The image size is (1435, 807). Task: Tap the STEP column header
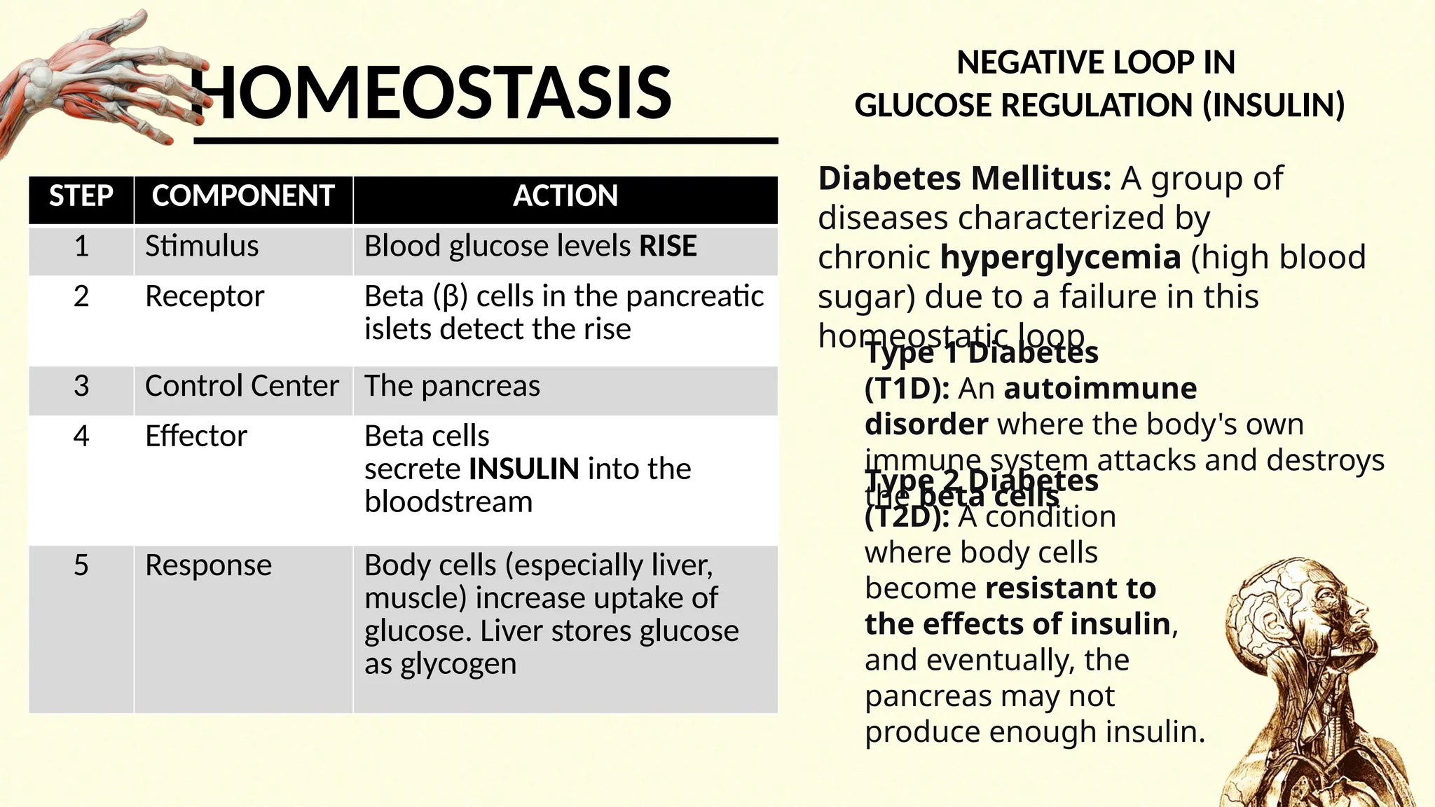[x=81, y=196]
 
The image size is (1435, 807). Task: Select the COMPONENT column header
[x=242, y=196]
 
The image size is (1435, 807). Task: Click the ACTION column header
[x=565, y=196]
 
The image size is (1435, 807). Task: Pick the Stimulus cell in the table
[x=202, y=247]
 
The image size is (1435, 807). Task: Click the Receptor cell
[x=205, y=297]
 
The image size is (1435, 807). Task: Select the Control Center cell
[x=242, y=386]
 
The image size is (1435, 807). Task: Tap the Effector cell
[x=196, y=436]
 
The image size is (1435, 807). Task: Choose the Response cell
[x=208, y=565]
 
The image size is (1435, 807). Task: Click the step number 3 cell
[x=81, y=386]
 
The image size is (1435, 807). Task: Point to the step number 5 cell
[x=81, y=565]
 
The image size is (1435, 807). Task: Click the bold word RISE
[x=668, y=247]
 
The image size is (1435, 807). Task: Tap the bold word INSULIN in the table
[x=524, y=469]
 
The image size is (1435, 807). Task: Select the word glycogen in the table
[x=458, y=664]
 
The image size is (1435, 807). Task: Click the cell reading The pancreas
[x=452, y=386]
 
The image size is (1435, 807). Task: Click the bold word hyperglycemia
[x=1060, y=258]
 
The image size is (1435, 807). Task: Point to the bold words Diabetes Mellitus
[x=964, y=179]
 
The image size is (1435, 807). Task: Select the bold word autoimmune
[x=1100, y=389]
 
